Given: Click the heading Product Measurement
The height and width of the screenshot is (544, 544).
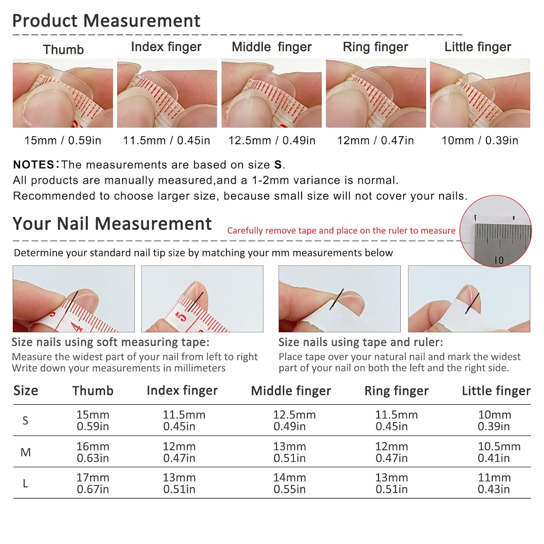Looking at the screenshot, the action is (x=106, y=21).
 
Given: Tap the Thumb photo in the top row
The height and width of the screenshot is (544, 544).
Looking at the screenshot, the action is (x=63, y=93).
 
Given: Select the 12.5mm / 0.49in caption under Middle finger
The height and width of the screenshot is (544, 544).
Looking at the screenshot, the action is (x=272, y=140).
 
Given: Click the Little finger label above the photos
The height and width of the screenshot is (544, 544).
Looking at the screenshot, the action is (x=478, y=47).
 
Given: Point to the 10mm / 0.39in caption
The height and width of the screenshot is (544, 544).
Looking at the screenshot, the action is (x=480, y=140).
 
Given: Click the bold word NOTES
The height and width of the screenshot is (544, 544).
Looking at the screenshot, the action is (x=34, y=165).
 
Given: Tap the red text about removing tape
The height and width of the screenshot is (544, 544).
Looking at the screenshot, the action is (x=341, y=231).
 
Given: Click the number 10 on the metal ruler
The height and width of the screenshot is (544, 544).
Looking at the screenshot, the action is (x=499, y=260).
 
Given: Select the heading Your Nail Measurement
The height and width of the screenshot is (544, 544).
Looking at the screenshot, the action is (x=112, y=224).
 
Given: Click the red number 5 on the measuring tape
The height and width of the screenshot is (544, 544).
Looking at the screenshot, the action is (x=182, y=317).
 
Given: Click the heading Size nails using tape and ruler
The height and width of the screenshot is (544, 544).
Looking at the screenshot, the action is (x=360, y=342).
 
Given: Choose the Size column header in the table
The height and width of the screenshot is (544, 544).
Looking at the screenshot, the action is (x=26, y=391).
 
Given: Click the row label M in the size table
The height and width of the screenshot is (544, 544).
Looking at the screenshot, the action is (x=25, y=452).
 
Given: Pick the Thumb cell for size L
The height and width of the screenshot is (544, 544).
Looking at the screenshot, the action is (x=93, y=483).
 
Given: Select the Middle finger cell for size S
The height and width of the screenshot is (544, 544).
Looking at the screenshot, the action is (x=294, y=420).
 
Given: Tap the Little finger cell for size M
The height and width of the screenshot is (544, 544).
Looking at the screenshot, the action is (x=499, y=452).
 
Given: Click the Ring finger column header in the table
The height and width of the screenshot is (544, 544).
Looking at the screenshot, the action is (x=396, y=391).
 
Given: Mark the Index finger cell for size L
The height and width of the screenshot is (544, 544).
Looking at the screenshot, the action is (x=179, y=483).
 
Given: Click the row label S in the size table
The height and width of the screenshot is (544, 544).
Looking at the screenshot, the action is (x=25, y=421).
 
